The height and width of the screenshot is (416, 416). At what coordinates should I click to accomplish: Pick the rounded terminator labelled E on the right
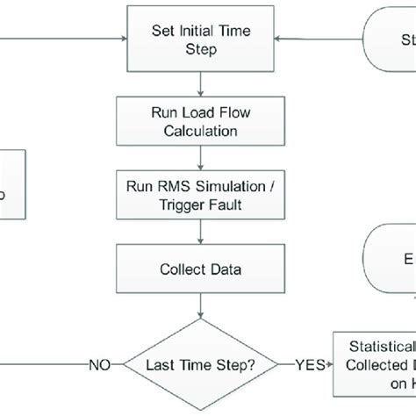pos(391,260)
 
